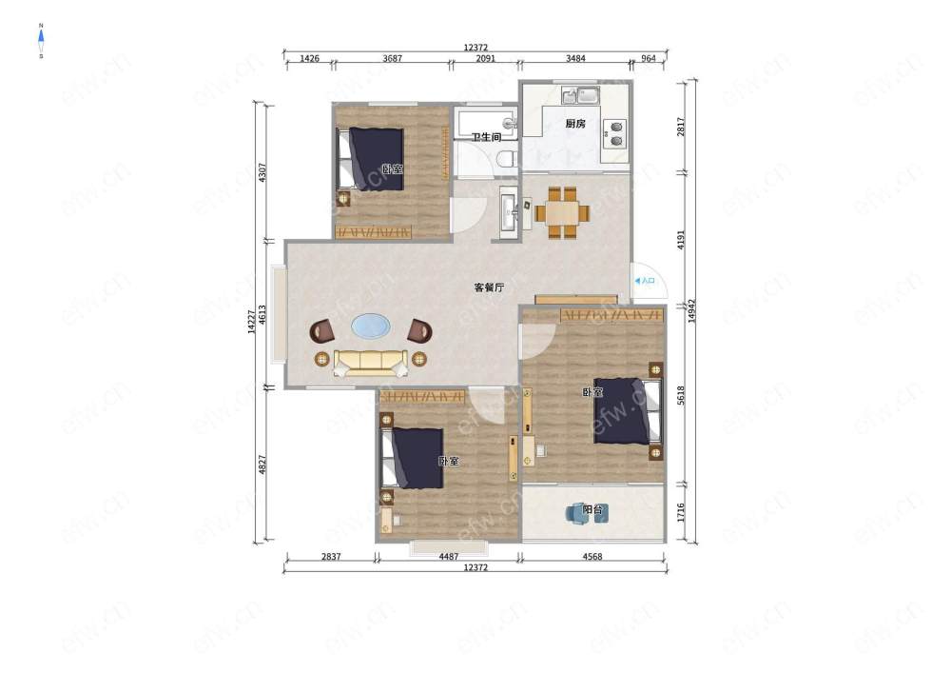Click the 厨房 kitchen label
575,124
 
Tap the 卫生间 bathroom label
486,137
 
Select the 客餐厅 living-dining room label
489,287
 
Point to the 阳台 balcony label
592,509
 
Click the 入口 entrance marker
645,281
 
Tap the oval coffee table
371,326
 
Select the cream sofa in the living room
370,363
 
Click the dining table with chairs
562,213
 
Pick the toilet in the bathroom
505,160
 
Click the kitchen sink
580,95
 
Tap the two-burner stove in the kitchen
615,133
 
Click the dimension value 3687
393,59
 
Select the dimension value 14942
692,310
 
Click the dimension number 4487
449,557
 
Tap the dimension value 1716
681,512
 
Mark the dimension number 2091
485,59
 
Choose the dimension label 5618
681,396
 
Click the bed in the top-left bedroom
371,159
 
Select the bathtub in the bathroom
486,123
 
